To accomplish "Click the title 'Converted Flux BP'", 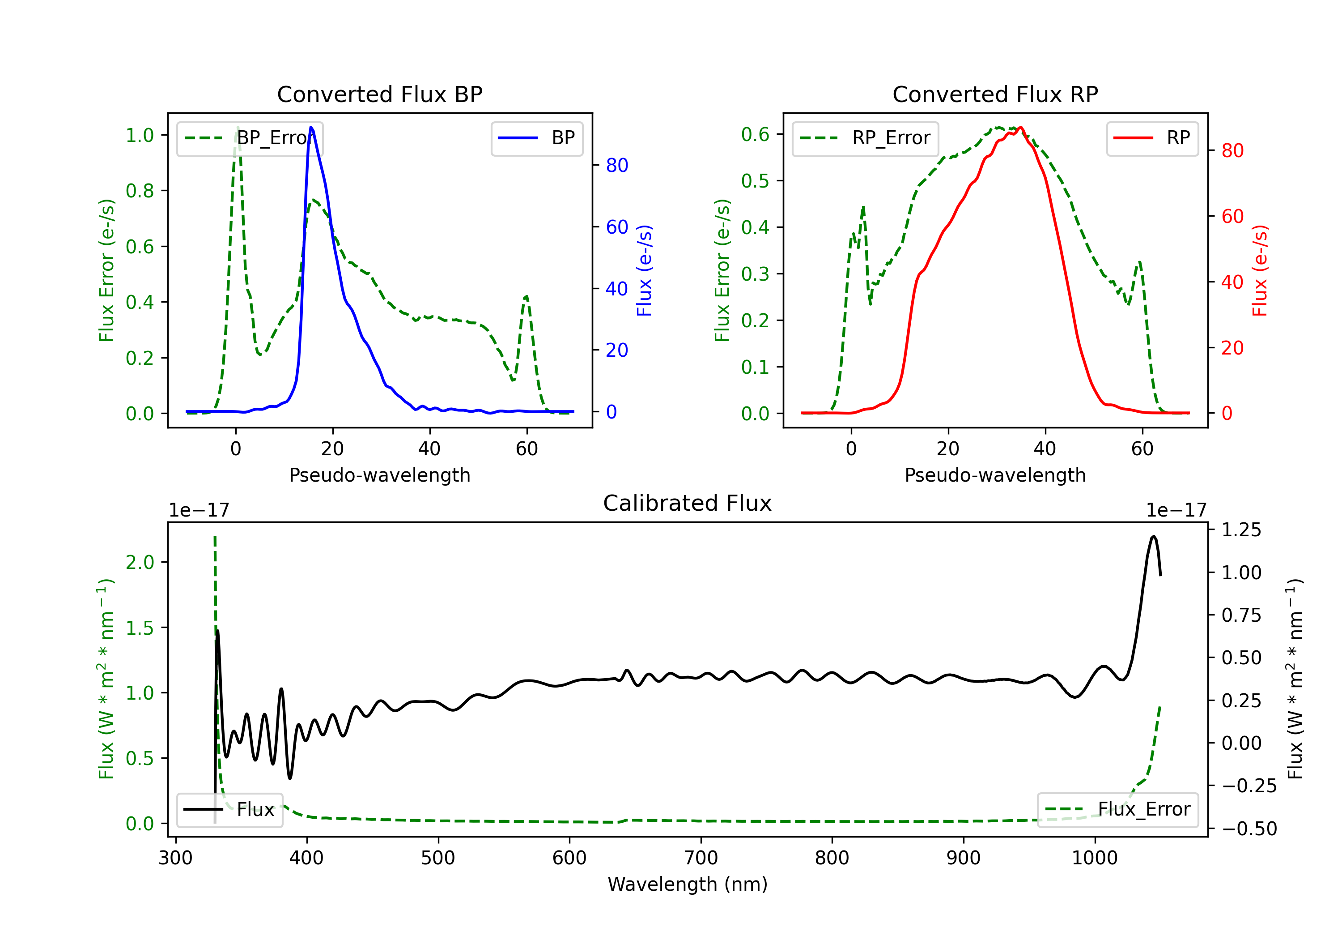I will (x=379, y=94).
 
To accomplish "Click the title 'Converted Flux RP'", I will (x=995, y=94).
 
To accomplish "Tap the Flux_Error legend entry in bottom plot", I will (x=1117, y=810).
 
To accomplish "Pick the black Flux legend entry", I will (x=230, y=810).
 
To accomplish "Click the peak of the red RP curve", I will (x=1020, y=127).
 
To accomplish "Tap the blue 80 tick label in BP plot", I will (x=616, y=166).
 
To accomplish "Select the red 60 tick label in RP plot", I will (x=1232, y=217).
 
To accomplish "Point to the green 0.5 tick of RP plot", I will (x=755, y=181).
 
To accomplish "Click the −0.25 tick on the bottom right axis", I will (x=1249, y=786).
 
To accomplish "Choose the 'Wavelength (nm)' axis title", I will (x=688, y=884).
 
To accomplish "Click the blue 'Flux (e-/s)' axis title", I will (x=644, y=270).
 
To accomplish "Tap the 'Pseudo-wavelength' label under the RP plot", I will (x=995, y=475).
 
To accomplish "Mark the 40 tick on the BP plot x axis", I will (x=429, y=449).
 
